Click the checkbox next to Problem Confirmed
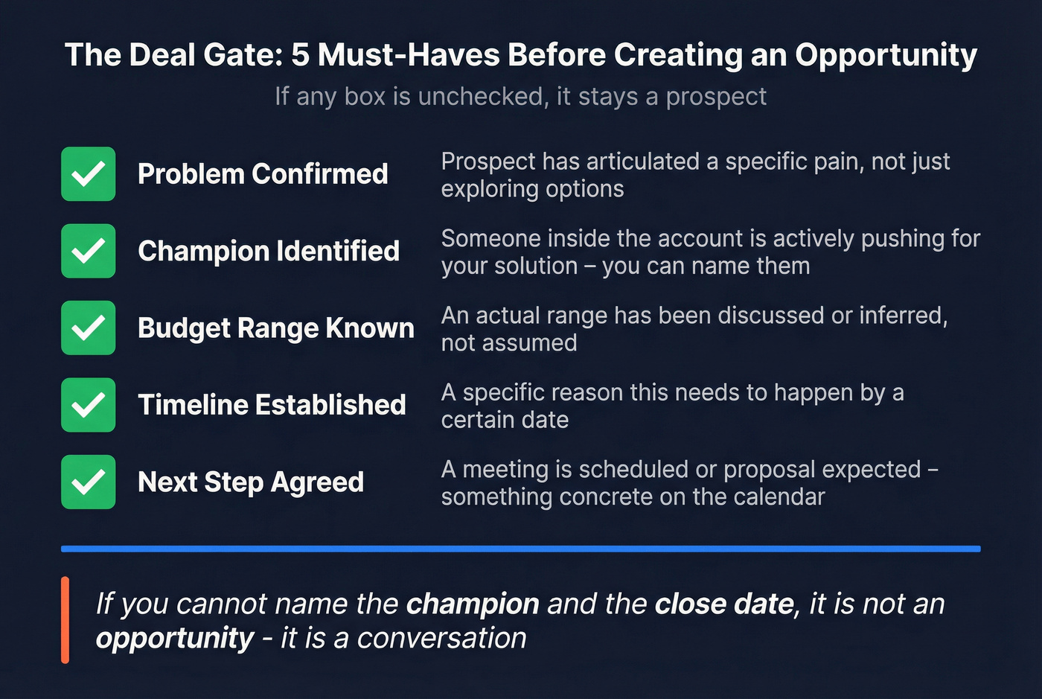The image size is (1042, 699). pyautogui.click(x=88, y=174)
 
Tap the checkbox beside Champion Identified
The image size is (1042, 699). pyautogui.click(x=88, y=251)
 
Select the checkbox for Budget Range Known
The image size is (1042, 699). pyautogui.click(x=88, y=328)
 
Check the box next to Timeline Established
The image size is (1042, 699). pyautogui.click(x=88, y=405)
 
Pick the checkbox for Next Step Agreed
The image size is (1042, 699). pyautogui.click(x=88, y=482)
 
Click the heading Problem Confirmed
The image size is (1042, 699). pyautogui.click(x=263, y=174)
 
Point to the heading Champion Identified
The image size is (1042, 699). pyautogui.click(x=269, y=251)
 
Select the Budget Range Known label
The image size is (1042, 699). pyautogui.click(x=275, y=328)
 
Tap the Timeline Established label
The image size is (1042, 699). pyautogui.click(x=272, y=405)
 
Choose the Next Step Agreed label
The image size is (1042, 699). pyautogui.click(x=251, y=482)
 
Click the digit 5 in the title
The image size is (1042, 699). pyautogui.click(x=300, y=55)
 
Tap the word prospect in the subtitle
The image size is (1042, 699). pyautogui.click(x=716, y=98)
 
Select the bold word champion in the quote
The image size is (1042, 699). pyautogui.click(x=473, y=604)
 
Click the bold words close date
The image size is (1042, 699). pyautogui.click(x=723, y=604)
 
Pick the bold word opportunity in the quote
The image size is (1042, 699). pyautogui.click(x=175, y=639)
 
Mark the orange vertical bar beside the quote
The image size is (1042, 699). pyautogui.click(x=65, y=620)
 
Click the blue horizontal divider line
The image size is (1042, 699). pyautogui.click(x=521, y=549)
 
